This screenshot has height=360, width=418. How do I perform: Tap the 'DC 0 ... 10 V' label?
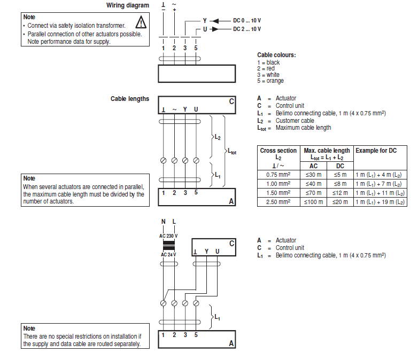click(247, 20)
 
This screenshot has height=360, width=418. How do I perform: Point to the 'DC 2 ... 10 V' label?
click(247, 29)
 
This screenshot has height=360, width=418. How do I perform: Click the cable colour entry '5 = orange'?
click(270, 81)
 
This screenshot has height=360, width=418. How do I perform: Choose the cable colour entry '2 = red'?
click(266, 69)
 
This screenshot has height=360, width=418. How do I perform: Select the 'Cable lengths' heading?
click(130, 99)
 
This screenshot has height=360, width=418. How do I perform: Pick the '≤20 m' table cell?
click(340, 202)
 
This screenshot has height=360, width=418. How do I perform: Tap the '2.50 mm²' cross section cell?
click(278, 202)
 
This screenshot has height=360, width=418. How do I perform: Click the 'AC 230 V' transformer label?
click(168, 236)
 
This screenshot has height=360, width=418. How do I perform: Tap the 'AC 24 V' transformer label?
click(168, 255)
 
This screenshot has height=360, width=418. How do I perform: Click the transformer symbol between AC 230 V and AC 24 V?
click(169, 246)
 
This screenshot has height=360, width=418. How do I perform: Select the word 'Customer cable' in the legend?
click(295, 121)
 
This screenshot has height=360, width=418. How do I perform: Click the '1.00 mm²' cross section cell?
click(278, 184)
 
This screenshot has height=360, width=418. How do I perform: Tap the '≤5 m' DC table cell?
click(340, 175)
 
